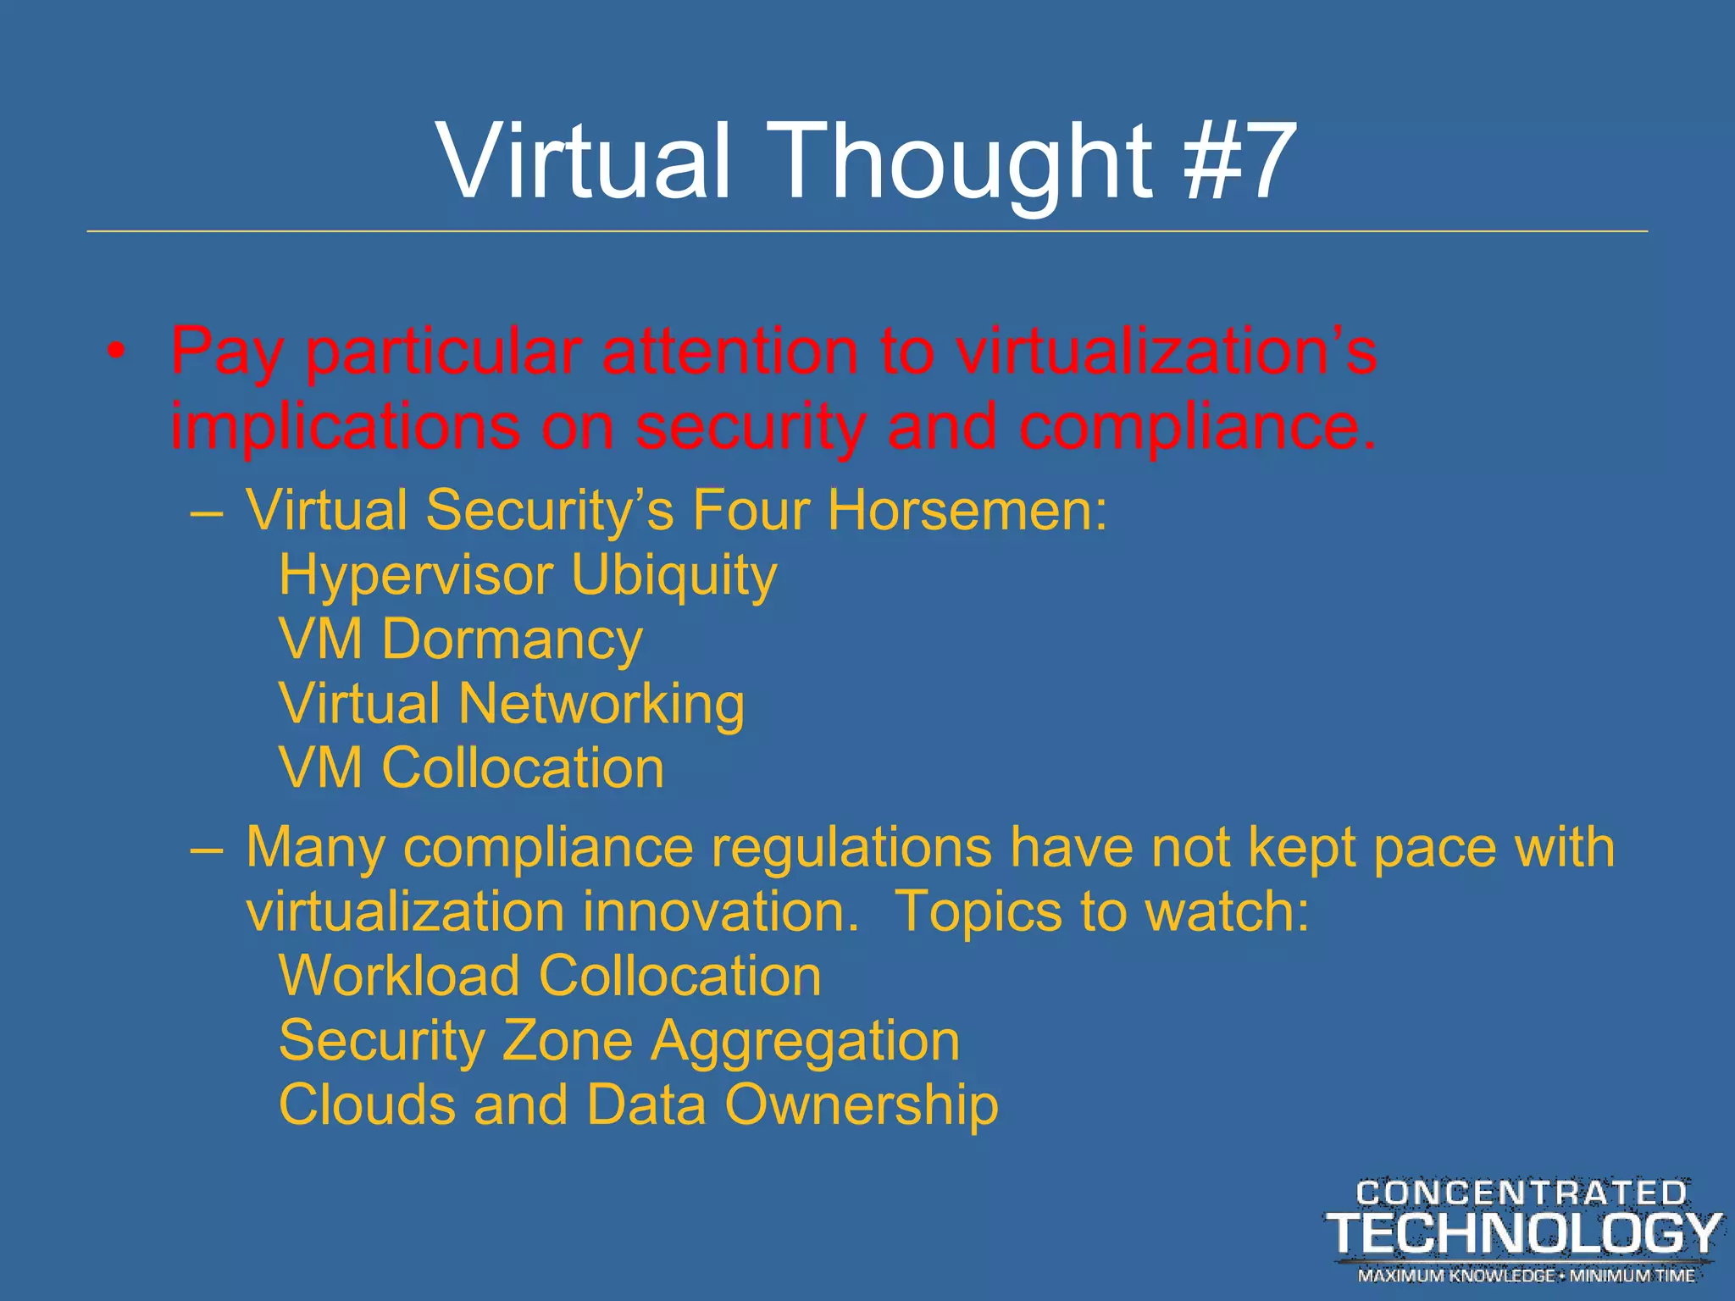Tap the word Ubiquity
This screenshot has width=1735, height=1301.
click(x=673, y=576)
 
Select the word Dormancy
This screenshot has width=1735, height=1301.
click(x=512, y=639)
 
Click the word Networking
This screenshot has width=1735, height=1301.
click(x=601, y=704)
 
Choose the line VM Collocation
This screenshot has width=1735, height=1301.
click(x=471, y=768)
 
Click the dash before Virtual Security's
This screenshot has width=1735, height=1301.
click(x=207, y=512)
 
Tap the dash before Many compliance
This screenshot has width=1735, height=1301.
click(x=207, y=847)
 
